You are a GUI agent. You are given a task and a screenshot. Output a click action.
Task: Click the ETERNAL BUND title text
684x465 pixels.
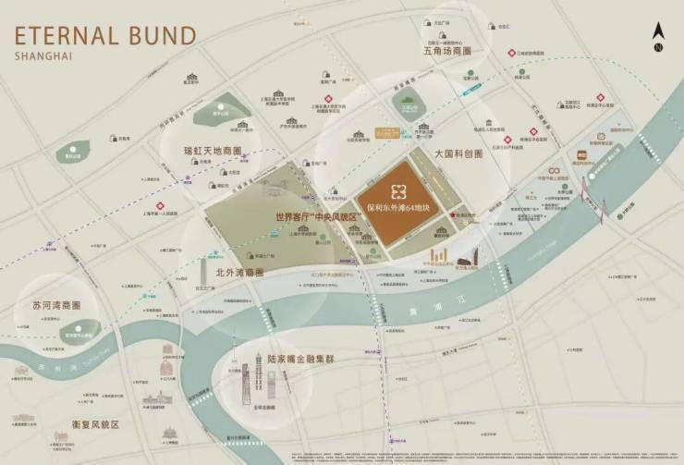click(x=105, y=36)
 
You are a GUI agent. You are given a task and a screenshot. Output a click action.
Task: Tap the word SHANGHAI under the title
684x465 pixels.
click(x=43, y=56)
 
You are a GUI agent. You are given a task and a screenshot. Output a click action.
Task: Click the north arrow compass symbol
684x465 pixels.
click(x=658, y=37)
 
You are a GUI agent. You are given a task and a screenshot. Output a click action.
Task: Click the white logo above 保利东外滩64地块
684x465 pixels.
click(x=399, y=191)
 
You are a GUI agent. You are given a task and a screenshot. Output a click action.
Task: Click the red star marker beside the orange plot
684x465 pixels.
click(x=450, y=216)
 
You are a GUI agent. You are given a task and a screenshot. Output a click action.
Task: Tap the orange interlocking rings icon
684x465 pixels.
click(x=553, y=171)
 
